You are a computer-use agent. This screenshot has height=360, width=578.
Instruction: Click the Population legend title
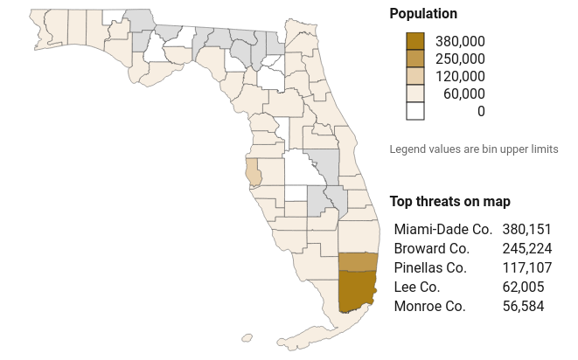(423, 14)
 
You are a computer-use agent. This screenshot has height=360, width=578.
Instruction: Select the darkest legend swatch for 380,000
(414, 41)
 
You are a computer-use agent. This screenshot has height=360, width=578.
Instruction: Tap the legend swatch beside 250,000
(414, 59)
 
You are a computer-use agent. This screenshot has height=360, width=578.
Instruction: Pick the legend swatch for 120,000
(414, 76)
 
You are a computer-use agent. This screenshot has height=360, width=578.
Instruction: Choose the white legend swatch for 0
(414, 111)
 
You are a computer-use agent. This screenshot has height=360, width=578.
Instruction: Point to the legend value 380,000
(461, 41)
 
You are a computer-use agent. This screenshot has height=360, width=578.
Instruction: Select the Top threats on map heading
(449, 202)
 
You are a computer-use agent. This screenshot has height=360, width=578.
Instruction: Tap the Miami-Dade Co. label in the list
(443, 229)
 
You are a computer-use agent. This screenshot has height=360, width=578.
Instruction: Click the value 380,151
(527, 229)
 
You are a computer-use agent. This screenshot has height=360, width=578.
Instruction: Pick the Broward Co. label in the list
(432, 248)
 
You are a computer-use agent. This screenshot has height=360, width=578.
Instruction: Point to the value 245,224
(527, 248)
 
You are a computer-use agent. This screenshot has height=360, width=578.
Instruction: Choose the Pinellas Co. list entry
(430, 267)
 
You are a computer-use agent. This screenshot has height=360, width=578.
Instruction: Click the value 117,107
(527, 267)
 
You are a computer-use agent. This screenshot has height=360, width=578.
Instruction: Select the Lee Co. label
(417, 287)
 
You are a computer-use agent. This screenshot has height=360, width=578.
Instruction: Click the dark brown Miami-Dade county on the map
(356, 290)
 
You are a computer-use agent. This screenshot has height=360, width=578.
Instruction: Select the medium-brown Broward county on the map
(357, 261)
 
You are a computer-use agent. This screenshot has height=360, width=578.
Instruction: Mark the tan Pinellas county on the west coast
(253, 171)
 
